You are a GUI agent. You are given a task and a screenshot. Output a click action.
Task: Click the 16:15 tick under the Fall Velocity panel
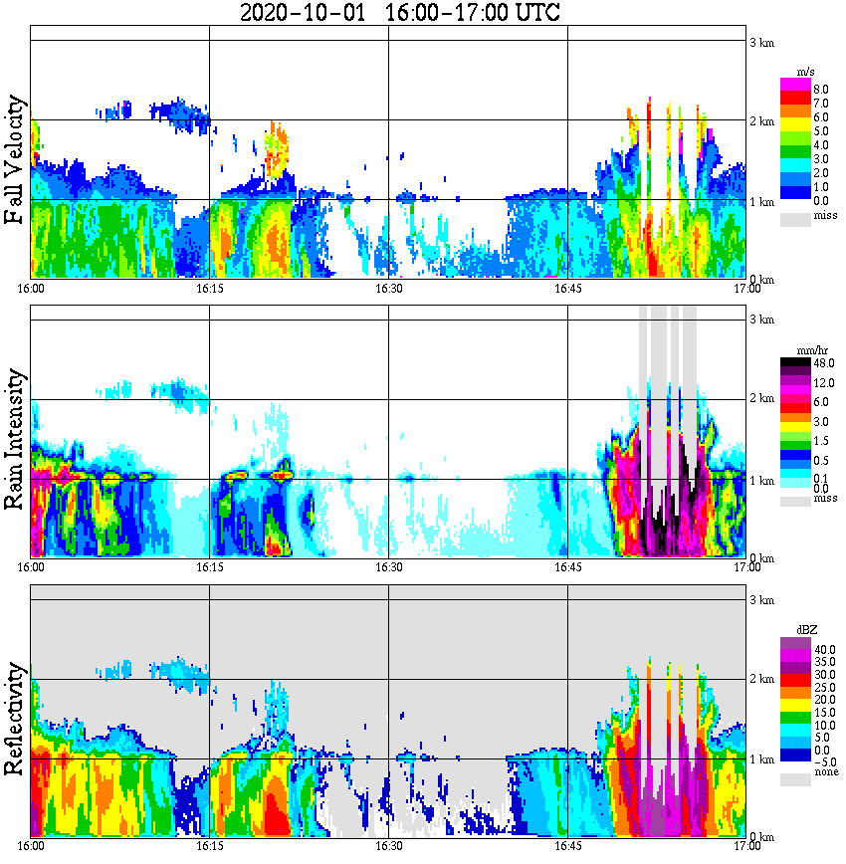pyautogui.click(x=209, y=289)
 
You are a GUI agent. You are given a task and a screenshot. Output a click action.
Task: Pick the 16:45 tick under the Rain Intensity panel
pyautogui.click(x=567, y=567)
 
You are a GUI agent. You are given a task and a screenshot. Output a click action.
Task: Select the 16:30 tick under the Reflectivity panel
pyautogui.click(x=388, y=846)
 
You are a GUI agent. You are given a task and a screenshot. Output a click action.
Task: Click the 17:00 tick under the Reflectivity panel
pyautogui.click(x=746, y=846)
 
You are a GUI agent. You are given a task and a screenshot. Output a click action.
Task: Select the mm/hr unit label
pyautogui.click(x=802, y=351)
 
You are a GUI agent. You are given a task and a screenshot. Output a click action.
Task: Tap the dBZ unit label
pyautogui.click(x=806, y=630)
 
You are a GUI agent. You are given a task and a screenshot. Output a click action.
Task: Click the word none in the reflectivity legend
pyautogui.click(x=825, y=772)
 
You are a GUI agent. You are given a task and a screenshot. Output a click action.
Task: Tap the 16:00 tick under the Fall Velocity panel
pyautogui.click(x=31, y=289)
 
